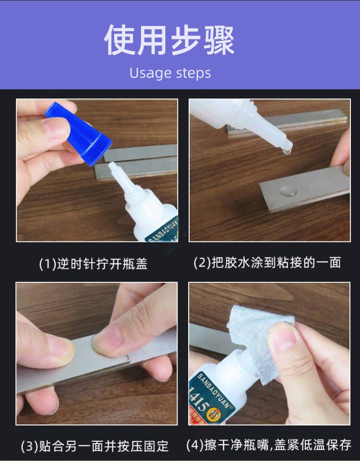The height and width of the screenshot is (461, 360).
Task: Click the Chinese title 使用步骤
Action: click(170, 40)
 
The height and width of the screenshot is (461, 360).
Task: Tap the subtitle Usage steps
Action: click(170, 73)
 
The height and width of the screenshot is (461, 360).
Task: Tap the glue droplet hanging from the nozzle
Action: click(286, 151)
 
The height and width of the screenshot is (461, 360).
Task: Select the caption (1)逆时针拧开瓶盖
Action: click(93, 264)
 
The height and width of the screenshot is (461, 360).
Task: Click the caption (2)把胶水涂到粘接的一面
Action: click(267, 263)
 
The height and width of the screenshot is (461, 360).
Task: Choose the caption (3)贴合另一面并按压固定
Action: click(95, 446)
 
